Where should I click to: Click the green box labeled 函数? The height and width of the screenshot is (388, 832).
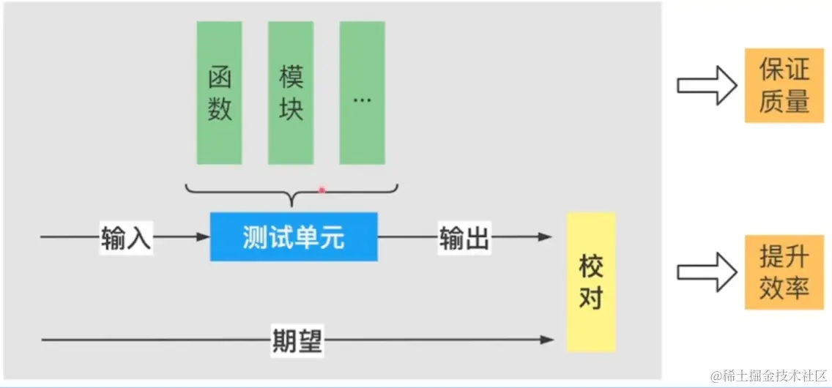[x=219, y=93]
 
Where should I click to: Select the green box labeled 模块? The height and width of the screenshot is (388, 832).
[x=291, y=93]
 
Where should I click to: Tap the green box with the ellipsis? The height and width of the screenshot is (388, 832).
[x=362, y=93]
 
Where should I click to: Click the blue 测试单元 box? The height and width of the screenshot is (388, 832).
[x=294, y=236]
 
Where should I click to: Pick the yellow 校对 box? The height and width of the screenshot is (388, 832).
[x=591, y=282]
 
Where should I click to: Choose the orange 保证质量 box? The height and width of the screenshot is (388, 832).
[x=784, y=85]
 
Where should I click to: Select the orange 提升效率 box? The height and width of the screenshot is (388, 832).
[x=784, y=272]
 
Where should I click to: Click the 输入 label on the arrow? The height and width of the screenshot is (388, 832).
[x=126, y=237]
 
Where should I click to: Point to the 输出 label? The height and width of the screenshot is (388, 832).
[x=464, y=237]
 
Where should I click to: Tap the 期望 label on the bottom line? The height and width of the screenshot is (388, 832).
[x=297, y=340]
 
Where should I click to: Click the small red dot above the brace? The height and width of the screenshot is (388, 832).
[x=322, y=190]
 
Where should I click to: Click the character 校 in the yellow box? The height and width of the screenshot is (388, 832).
[x=591, y=266]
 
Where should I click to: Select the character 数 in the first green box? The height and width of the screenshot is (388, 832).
[x=220, y=109]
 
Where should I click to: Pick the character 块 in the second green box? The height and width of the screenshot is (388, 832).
[x=291, y=109]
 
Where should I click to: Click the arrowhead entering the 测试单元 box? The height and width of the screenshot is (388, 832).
[x=204, y=236]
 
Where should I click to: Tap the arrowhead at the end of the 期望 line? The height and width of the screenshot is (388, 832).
[x=547, y=340]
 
